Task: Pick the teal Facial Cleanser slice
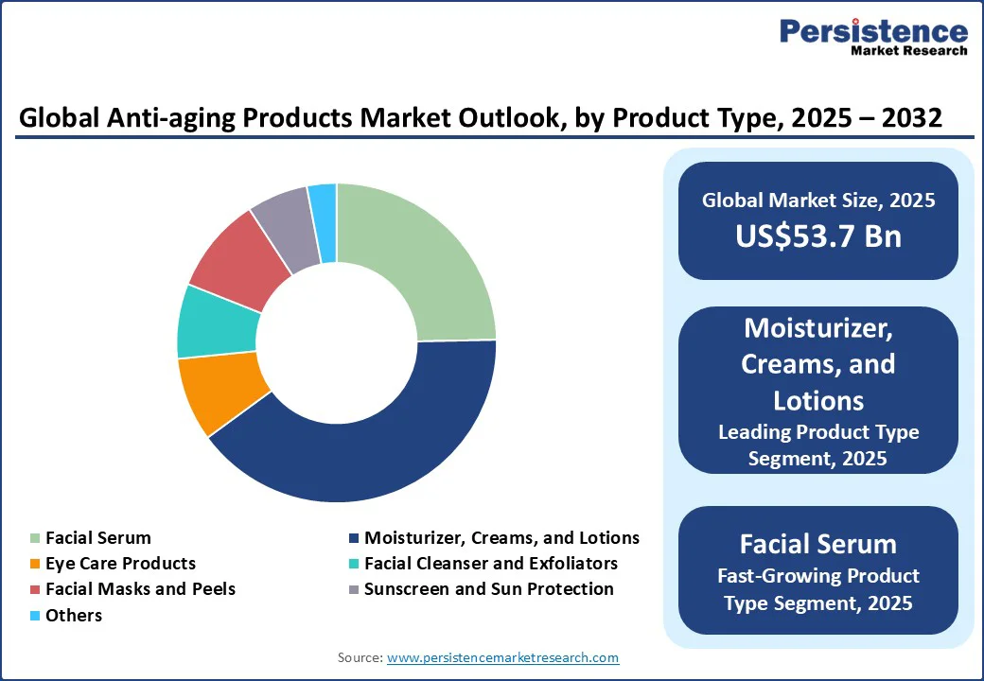(216, 322)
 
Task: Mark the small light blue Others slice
(324, 210)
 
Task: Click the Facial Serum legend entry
(97, 538)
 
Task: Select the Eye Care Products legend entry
(120, 564)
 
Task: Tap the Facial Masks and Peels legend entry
(140, 589)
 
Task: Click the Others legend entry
(73, 615)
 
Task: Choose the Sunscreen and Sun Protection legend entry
(488, 589)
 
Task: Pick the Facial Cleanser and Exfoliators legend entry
(490, 564)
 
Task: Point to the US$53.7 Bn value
(818, 236)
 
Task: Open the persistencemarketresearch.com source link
(502, 657)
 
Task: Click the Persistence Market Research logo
(873, 37)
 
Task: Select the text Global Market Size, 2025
(818, 201)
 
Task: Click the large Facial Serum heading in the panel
(818, 544)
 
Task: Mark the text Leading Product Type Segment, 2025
(818, 445)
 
